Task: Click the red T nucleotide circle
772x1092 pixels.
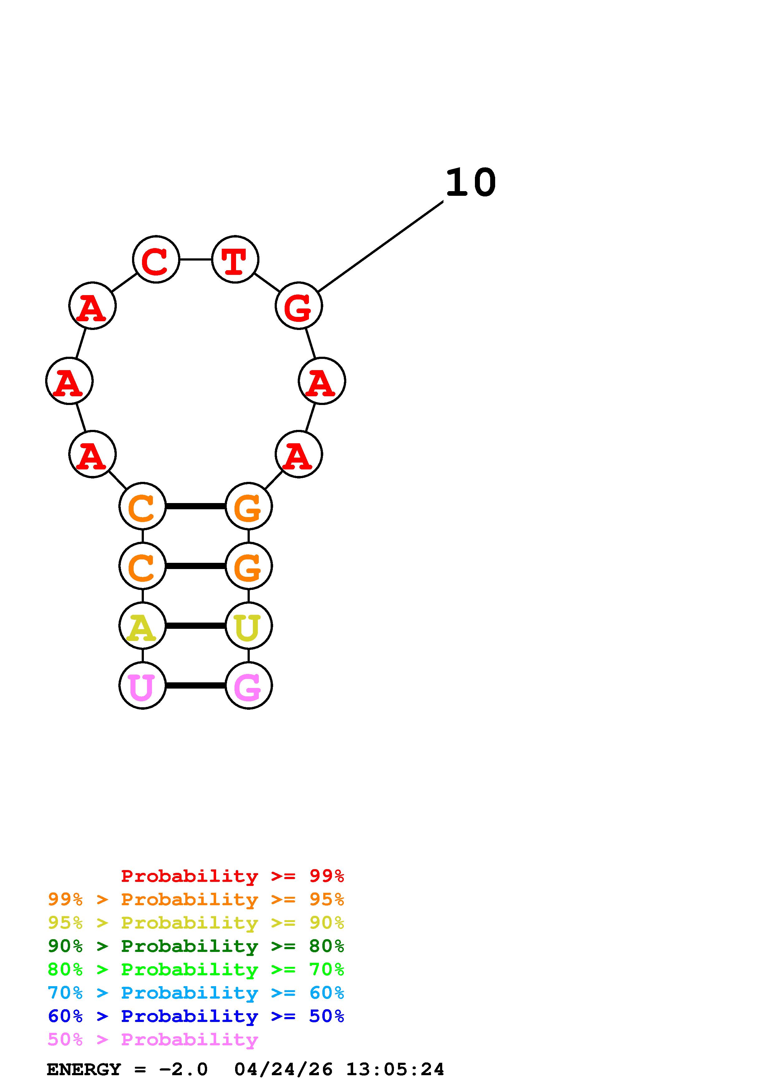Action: (235, 260)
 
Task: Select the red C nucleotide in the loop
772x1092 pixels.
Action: (156, 260)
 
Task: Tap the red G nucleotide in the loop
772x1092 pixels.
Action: (299, 305)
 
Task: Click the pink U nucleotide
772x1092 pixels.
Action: (142, 685)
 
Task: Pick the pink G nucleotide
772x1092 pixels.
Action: (248, 685)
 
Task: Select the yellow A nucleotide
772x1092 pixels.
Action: (142, 625)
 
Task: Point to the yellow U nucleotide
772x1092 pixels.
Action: (248, 625)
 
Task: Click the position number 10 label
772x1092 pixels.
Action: (471, 183)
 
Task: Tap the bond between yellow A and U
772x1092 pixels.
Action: (195, 625)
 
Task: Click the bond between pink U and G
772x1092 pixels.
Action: (195, 685)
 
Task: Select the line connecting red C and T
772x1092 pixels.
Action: (196, 260)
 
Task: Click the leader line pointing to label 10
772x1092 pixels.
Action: (381, 246)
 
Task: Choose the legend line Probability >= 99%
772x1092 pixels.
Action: (232, 876)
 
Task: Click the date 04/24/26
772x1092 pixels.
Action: (283, 1070)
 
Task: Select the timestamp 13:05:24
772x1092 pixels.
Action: (395, 1070)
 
